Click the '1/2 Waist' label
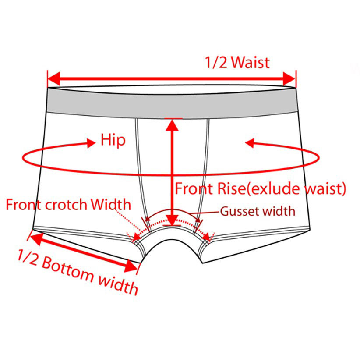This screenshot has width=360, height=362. pos(237,62)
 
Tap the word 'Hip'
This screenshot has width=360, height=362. pos(113,141)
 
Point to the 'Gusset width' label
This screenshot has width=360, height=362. pos(258,211)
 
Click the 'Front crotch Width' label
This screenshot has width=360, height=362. pos(68,204)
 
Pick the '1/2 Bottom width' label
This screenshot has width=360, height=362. pos(78,272)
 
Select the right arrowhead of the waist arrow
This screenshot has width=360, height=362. pos(289,80)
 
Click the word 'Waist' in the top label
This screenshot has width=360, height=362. pos(251,62)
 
